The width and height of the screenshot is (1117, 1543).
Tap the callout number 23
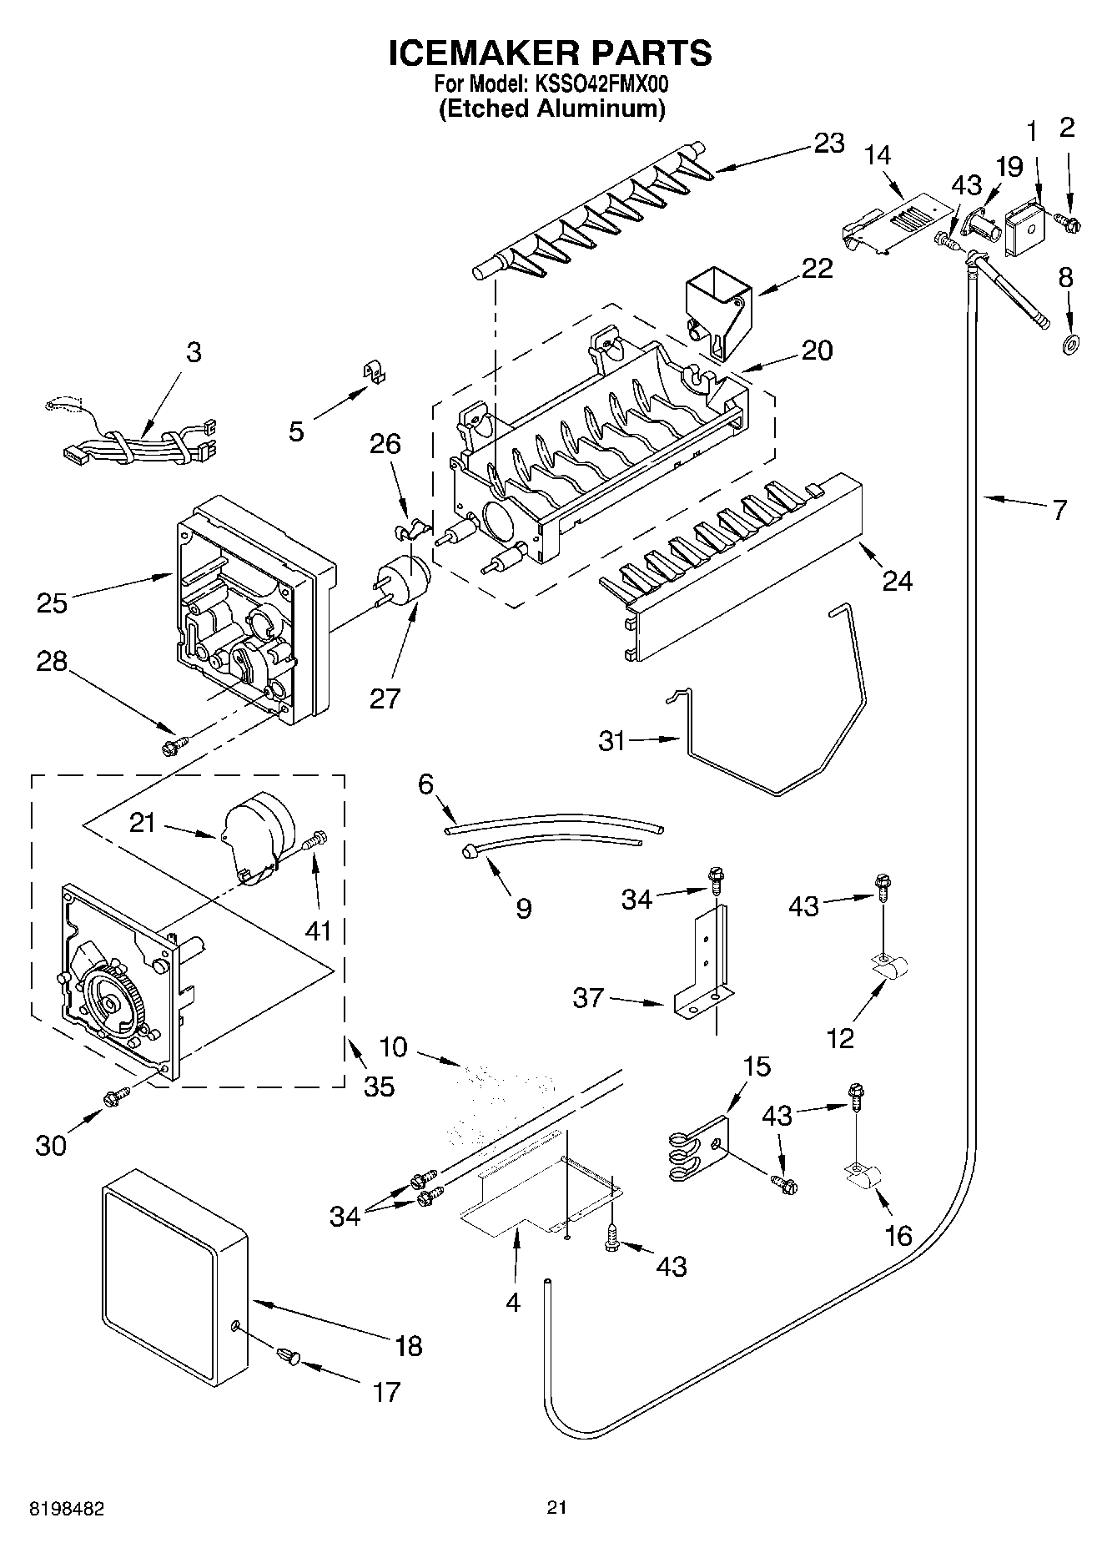point(828,143)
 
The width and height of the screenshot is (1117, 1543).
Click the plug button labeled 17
point(289,1357)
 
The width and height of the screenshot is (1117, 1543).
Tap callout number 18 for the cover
point(409,1345)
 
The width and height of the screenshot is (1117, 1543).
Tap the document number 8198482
point(68,1509)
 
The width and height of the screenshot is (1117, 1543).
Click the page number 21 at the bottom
point(557,1507)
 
